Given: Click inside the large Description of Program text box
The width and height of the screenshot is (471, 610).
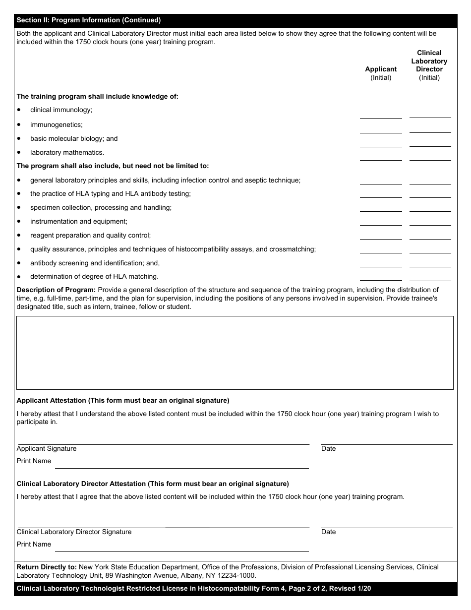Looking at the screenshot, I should (x=235, y=353).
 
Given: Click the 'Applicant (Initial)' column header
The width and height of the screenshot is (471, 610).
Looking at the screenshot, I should (x=381, y=73).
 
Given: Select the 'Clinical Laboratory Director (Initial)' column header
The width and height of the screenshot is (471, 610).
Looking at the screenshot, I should (x=429, y=65).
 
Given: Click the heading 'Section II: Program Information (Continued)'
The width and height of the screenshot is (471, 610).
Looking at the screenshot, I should (x=89, y=20).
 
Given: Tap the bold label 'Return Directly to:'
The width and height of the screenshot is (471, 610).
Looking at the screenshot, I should (x=47, y=567).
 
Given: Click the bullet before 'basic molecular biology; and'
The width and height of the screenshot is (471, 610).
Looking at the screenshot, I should (x=19, y=138).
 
